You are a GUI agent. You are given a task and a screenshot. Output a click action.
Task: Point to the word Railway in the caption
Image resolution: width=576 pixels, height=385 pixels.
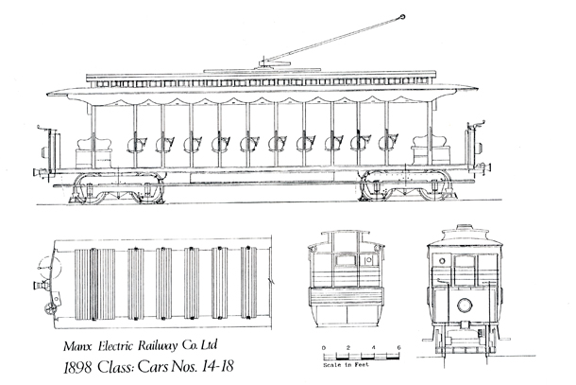[162, 332]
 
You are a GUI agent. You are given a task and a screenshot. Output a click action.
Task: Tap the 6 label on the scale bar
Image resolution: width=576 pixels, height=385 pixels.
[399, 348]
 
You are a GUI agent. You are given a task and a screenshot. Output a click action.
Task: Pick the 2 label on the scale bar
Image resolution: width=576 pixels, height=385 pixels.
[349, 348]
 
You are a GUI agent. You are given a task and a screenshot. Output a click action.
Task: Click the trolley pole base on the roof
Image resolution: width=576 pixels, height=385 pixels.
[264, 64]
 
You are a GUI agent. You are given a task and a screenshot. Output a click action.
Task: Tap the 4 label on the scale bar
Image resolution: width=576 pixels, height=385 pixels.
[375, 348]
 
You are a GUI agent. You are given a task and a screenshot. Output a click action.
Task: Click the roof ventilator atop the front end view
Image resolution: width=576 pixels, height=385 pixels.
[463, 227]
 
